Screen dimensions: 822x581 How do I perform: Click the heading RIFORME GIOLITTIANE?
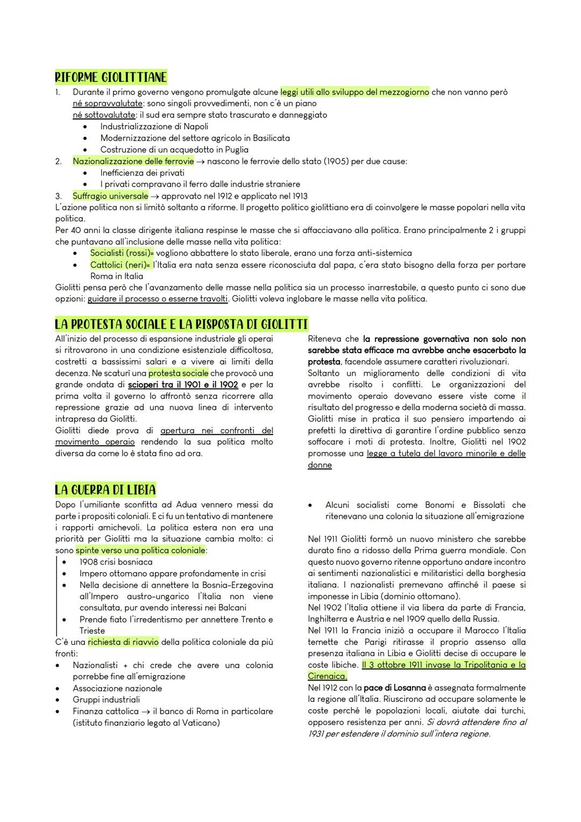pyautogui.click(x=111, y=78)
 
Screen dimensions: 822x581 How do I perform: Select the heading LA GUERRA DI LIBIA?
pyautogui.click(x=105, y=490)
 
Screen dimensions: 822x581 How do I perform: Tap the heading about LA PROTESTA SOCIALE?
pyautogui.click(x=181, y=325)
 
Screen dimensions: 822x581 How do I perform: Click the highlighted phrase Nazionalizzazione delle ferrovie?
pyautogui.click(x=133, y=161)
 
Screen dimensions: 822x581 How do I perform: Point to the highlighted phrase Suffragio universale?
pyautogui.click(x=110, y=196)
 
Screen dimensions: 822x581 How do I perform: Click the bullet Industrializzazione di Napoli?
pyautogui.click(x=154, y=127)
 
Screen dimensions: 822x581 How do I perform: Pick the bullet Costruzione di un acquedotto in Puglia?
pyautogui.click(x=174, y=150)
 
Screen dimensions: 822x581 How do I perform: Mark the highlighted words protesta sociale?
pyautogui.click(x=179, y=373)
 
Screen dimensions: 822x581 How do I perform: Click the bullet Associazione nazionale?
pyautogui.click(x=117, y=688)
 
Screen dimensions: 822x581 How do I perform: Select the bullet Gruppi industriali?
pyautogui.click(x=106, y=700)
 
